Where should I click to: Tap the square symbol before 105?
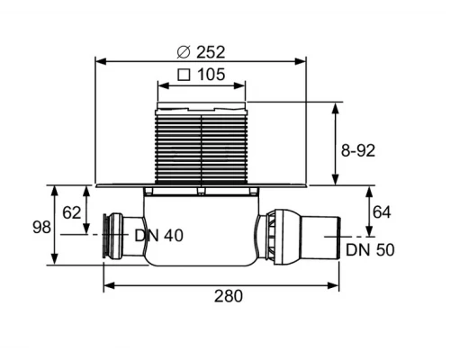184,75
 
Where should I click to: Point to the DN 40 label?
158,236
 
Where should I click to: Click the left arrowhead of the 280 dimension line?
107,287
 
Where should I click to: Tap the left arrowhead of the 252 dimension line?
99,61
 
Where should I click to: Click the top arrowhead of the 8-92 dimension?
337,106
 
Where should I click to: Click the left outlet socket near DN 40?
116,237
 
